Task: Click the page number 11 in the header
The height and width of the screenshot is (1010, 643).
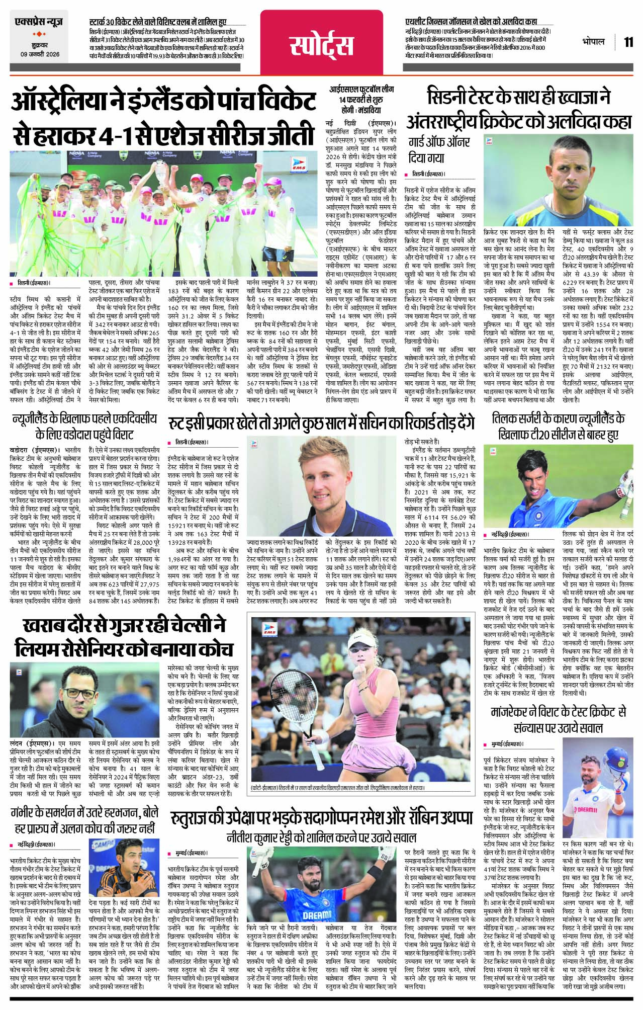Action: (x=628, y=42)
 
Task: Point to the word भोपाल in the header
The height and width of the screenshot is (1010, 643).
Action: (x=594, y=42)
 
